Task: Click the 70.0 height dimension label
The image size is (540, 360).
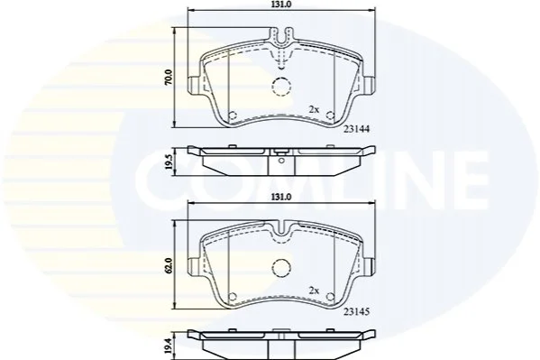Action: (169, 78)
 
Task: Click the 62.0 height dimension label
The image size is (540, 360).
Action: (169, 265)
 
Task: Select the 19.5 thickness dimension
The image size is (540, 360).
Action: (169, 162)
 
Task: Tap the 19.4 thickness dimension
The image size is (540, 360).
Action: (169, 346)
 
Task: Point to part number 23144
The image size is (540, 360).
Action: (356, 129)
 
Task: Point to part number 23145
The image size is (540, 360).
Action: (356, 311)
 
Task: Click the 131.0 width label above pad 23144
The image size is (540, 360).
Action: (281, 5)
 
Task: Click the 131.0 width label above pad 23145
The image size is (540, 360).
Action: (281, 197)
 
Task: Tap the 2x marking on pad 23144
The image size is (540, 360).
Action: (314, 110)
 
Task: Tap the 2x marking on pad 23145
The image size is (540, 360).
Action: (314, 291)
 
